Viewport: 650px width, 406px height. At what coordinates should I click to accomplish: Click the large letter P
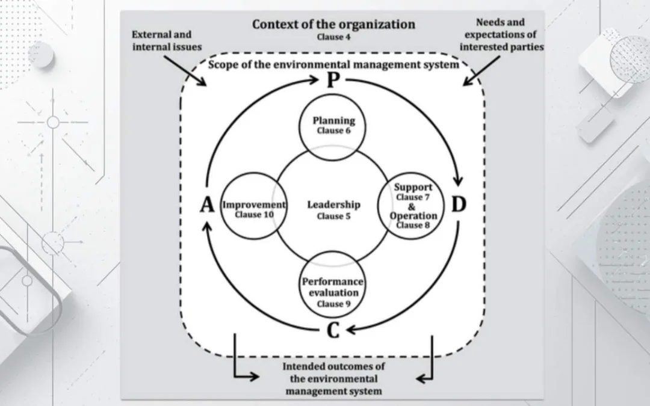(333, 80)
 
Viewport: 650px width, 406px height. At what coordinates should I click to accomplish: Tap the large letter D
(459, 205)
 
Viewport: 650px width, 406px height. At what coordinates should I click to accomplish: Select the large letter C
(333, 330)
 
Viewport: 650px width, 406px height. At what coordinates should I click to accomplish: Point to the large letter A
(207, 205)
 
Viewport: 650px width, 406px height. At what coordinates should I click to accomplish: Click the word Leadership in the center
(333, 205)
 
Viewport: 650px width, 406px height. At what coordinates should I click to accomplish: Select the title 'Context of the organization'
(333, 24)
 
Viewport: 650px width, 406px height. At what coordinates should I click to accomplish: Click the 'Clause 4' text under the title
(333, 37)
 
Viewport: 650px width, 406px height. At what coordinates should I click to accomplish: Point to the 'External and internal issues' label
(167, 41)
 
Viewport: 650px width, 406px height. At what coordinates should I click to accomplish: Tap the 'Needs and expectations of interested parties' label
(501, 34)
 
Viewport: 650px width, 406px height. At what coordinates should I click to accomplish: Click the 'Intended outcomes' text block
(333, 379)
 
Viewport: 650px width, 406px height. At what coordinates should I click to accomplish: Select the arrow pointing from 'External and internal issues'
(185, 71)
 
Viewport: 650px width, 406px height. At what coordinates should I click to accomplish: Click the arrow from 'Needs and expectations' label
(481, 71)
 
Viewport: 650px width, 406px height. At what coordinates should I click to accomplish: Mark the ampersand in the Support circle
(411, 206)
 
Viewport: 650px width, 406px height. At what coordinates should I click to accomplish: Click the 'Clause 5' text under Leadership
(333, 216)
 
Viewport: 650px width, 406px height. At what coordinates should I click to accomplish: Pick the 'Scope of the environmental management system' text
(333, 64)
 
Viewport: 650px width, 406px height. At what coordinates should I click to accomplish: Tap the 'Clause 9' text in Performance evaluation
(333, 304)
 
